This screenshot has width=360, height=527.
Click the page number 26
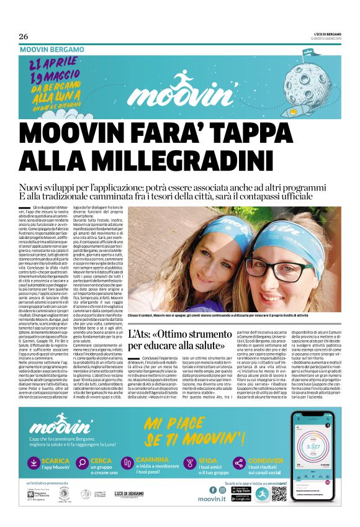click(24, 35)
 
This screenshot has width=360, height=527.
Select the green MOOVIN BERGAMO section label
click(52, 48)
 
